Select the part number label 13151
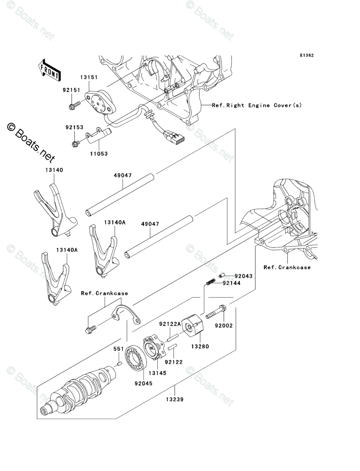click(x=89, y=77)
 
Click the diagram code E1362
click(x=306, y=56)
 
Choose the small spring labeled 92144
click(x=209, y=282)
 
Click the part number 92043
click(x=243, y=276)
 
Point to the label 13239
click(x=174, y=399)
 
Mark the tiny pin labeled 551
click(x=119, y=364)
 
